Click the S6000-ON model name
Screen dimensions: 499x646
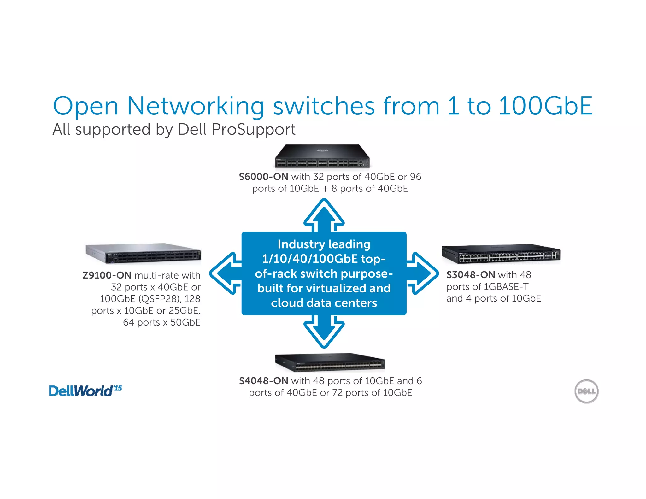click(x=263, y=177)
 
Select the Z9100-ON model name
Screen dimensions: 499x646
click(x=107, y=275)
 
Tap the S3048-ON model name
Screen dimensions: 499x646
click(x=471, y=275)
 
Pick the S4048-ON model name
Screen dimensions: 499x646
click(x=263, y=381)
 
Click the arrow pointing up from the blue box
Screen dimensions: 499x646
click(x=324, y=214)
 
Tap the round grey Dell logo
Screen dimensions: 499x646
click(x=586, y=391)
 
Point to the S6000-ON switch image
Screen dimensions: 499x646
click(x=322, y=156)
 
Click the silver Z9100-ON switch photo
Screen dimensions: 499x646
click(x=143, y=253)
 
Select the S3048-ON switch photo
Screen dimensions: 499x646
click(x=501, y=254)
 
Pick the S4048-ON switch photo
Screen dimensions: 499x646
click(x=330, y=362)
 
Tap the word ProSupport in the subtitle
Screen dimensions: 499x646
click(x=254, y=129)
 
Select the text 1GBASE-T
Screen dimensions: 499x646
click(x=506, y=287)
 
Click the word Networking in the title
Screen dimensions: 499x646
click(x=196, y=106)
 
